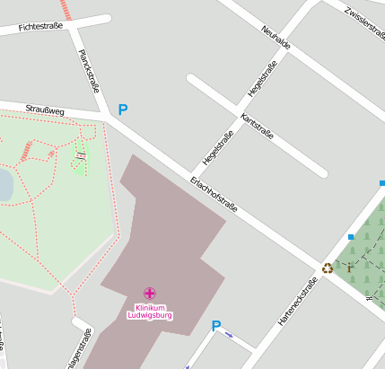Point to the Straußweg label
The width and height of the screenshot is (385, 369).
tap(45, 110)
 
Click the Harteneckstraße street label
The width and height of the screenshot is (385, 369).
tap(298, 302)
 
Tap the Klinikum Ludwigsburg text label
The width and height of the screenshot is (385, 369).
tap(150, 312)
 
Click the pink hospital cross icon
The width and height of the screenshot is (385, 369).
tap(150, 293)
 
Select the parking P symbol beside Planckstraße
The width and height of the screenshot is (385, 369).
tap(123, 110)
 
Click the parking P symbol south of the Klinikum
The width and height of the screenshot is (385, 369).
tap(215, 326)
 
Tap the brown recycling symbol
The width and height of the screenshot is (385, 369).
tap(328, 268)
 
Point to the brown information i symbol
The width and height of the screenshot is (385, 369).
tap(349, 267)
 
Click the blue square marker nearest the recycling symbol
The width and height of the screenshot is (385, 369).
tap(351, 237)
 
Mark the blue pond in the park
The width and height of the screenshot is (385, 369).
tap(4, 185)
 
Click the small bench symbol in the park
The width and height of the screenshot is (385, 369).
tap(82, 155)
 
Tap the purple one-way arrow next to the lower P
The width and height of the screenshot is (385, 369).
tap(230, 336)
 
